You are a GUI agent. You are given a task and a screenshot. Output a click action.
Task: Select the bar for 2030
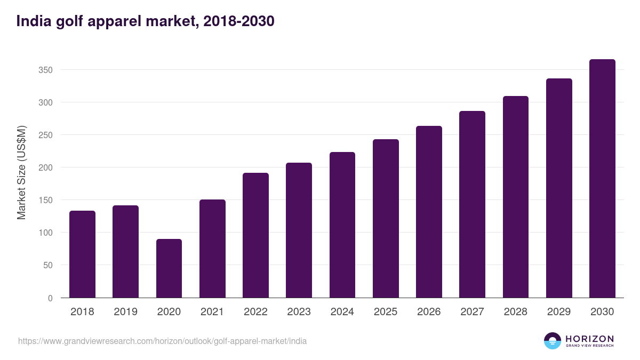[x=602, y=179]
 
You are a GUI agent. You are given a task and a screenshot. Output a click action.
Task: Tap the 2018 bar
[x=82, y=254]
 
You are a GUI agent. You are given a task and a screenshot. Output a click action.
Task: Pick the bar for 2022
[x=255, y=235]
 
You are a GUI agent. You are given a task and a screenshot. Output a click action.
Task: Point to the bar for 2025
[x=386, y=219]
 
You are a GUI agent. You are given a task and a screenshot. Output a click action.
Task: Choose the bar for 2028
[x=515, y=197]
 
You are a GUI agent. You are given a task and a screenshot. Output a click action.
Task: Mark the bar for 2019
[x=125, y=252]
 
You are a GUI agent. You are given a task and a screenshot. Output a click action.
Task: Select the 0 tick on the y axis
[x=50, y=298]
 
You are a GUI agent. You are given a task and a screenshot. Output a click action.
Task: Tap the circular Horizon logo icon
[x=553, y=341]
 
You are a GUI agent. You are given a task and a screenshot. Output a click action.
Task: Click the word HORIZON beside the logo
[x=589, y=339]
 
